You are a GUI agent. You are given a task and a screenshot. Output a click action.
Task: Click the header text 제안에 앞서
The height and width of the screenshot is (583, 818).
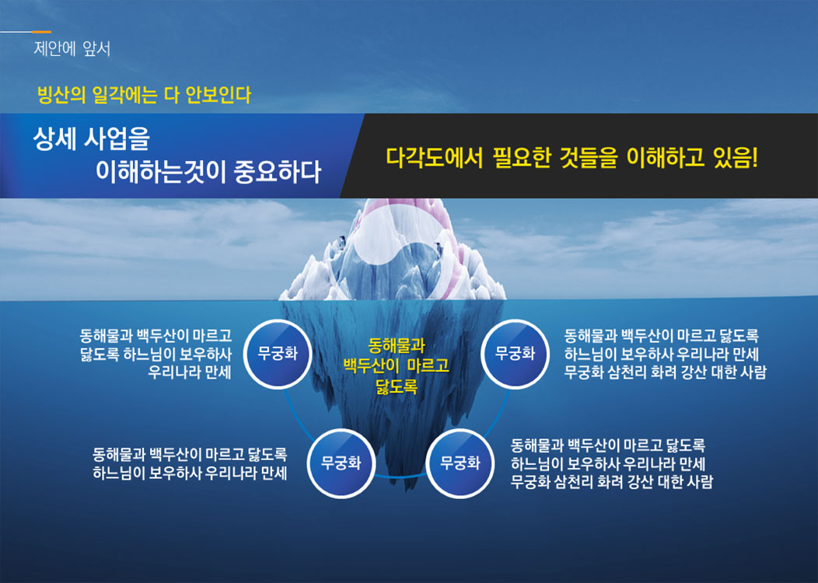click(x=72, y=49)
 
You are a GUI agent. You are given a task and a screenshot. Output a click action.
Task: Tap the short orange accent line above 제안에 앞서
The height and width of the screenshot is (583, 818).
click(x=41, y=32)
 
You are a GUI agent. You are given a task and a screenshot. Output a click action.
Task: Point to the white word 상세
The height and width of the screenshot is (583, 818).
click(x=54, y=138)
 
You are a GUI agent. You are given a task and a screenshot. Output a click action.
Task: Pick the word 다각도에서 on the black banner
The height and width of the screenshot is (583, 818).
click(x=434, y=158)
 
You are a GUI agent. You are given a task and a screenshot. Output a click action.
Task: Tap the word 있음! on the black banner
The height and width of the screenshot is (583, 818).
click(x=735, y=158)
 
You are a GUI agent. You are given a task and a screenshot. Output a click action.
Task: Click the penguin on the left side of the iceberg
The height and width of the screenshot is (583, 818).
click(x=342, y=242)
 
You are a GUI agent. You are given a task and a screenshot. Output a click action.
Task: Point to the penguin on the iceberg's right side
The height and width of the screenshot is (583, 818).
click(x=439, y=251)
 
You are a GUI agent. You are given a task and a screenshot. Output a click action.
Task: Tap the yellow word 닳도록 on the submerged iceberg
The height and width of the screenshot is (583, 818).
click(x=397, y=386)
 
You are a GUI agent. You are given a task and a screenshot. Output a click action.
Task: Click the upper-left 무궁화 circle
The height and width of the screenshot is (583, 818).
click(x=278, y=354)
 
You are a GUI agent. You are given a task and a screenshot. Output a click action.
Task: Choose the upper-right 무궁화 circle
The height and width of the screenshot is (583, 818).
click(x=515, y=354)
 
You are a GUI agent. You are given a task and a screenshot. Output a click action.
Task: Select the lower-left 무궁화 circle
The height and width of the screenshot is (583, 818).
click(x=341, y=463)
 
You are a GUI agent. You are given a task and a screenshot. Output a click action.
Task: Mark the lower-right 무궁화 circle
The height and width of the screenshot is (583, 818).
click(x=460, y=463)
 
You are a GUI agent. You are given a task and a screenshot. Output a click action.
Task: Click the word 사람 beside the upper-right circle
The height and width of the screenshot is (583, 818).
click(x=753, y=372)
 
